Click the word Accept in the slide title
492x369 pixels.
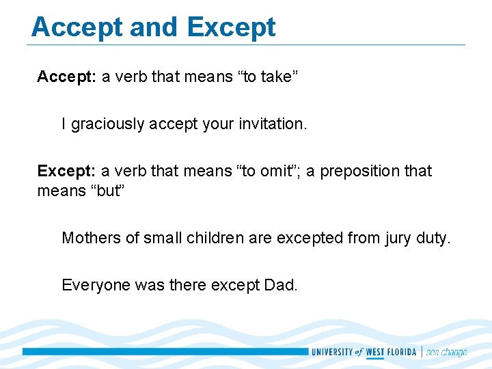(x=77, y=27)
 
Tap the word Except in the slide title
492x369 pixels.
(x=231, y=27)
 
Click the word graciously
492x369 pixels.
(x=108, y=124)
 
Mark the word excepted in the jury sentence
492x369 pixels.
(x=310, y=238)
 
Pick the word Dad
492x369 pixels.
(x=280, y=285)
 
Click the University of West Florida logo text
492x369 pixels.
(x=364, y=353)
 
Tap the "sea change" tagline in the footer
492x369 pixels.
(x=446, y=353)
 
